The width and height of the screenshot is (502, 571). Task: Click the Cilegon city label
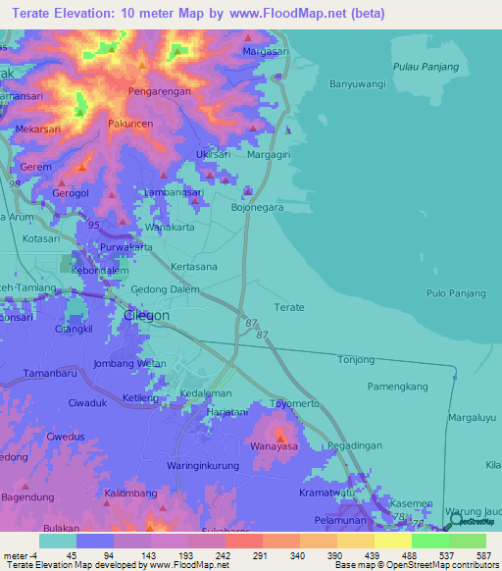click(x=147, y=316)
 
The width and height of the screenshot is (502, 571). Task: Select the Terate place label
click(x=289, y=307)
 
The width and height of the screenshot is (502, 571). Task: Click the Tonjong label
click(x=356, y=360)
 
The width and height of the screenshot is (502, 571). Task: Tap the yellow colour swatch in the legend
click(x=393, y=541)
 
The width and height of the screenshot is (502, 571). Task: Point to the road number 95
click(x=93, y=225)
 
